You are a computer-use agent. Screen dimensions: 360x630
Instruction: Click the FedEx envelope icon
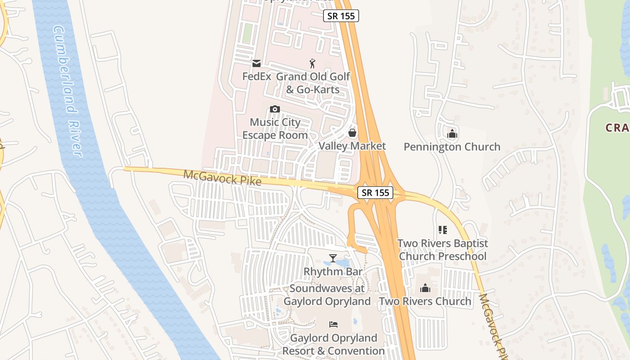pyautogui.click(x=256, y=63)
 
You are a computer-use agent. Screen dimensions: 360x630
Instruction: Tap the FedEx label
pyautogui.click(x=256, y=76)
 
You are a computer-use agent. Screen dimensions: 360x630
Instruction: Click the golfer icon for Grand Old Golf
pyautogui.click(x=312, y=63)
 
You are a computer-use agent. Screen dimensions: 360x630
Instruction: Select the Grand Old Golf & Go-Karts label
pyautogui.click(x=313, y=83)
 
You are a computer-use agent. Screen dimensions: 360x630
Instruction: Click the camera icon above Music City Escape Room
pyautogui.click(x=275, y=109)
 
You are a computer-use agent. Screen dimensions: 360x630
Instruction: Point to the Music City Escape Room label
pyautogui.click(x=275, y=129)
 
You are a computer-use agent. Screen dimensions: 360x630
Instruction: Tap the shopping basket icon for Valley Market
pyautogui.click(x=352, y=133)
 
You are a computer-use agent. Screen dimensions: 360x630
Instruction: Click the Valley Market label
pyautogui.click(x=352, y=146)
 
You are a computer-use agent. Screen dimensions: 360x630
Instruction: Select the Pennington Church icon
pyautogui.click(x=452, y=134)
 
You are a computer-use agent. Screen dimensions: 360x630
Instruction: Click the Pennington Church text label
pyautogui.click(x=452, y=147)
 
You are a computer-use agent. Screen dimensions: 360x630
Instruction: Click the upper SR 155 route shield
pyautogui.click(x=341, y=16)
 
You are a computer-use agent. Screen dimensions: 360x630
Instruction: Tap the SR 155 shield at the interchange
pyautogui.click(x=375, y=193)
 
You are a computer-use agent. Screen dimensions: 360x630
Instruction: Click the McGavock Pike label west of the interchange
pyautogui.click(x=222, y=177)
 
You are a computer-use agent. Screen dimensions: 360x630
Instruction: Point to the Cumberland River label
pyautogui.click(x=67, y=90)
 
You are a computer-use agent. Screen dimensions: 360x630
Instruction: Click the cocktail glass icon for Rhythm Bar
pyautogui.click(x=333, y=258)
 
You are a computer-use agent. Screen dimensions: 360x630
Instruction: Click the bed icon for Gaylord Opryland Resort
pyautogui.click(x=333, y=324)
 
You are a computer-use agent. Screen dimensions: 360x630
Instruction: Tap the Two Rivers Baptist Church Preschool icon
pyautogui.click(x=443, y=230)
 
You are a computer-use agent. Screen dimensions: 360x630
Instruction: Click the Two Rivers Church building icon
pyautogui.click(x=425, y=288)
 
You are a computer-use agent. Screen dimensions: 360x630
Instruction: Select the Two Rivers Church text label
pyautogui.click(x=425, y=301)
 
